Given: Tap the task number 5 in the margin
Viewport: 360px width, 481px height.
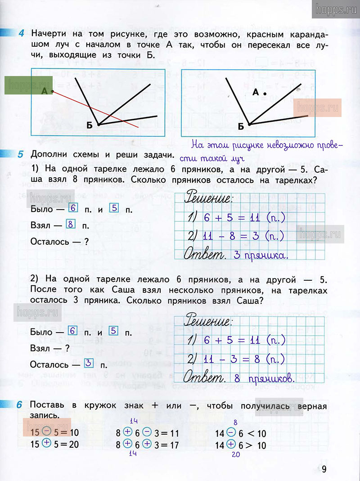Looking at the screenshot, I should coord(21,155).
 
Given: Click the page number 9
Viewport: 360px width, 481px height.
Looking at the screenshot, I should coord(324,469).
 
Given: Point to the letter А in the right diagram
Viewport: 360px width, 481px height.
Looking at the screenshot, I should coord(255,92).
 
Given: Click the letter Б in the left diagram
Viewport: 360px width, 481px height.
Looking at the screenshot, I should coord(89,126).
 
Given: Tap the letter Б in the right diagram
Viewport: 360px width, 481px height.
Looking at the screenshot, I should coord(241,126).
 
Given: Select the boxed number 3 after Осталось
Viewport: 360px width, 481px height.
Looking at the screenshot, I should coord(89,363).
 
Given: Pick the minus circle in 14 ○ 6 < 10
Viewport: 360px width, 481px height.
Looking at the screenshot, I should coord(231,433).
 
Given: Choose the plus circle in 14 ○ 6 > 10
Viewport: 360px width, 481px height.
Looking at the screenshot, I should coord(231,445).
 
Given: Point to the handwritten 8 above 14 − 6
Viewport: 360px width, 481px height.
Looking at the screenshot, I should coord(235,422).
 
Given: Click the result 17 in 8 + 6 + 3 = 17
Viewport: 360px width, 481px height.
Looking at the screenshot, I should coord(173,445).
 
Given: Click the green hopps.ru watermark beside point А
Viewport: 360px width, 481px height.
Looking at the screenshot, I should coord(28,85).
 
